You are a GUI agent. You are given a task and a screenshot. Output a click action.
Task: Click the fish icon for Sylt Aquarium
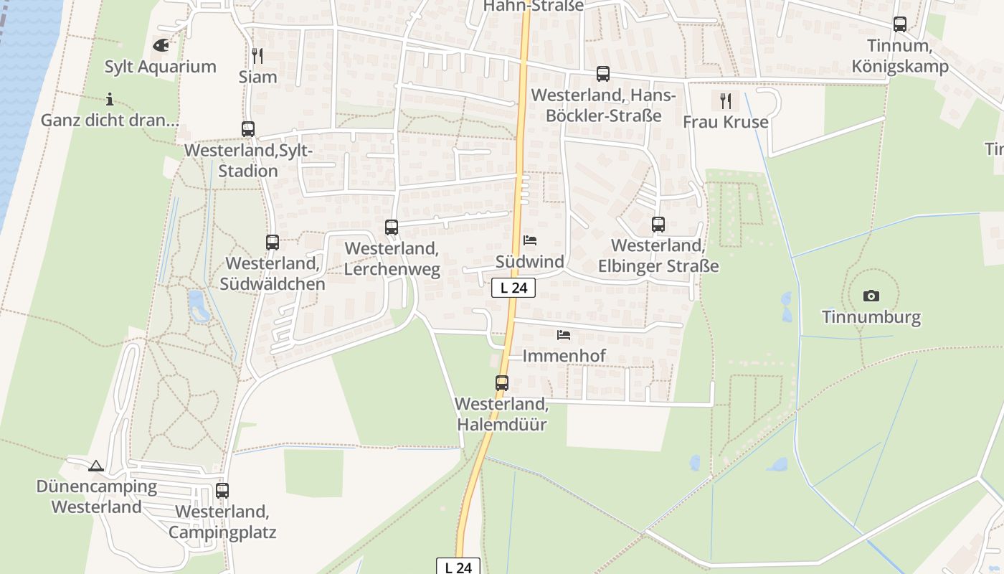click(161, 45)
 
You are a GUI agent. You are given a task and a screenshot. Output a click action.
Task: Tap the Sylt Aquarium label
click(161, 67)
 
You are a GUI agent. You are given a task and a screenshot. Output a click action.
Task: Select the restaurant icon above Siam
click(257, 55)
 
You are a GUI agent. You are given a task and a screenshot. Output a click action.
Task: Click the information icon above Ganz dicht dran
click(110, 99)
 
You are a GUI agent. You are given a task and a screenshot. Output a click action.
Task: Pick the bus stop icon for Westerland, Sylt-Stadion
click(248, 129)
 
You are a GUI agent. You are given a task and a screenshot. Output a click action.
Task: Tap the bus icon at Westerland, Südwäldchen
click(273, 243)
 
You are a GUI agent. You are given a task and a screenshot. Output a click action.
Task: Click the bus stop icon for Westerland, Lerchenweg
click(392, 227)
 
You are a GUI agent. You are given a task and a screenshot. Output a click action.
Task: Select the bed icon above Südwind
click(530, 240)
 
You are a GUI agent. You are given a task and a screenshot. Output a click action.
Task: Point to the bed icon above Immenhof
click(564, 334)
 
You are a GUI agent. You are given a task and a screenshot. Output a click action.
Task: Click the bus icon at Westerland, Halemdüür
click(502, 383)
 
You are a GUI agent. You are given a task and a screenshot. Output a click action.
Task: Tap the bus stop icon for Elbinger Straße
click(658, 225)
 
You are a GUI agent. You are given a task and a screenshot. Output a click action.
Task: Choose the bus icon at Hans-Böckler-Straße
click(603, 74)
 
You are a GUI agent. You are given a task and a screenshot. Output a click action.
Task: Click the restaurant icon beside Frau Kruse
click(726, 100)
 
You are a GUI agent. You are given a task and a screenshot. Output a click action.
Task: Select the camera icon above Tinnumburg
click(871, 296)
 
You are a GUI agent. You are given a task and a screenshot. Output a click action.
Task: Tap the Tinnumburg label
click(871, 317)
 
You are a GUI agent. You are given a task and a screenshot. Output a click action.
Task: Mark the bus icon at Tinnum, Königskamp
click(900, 24)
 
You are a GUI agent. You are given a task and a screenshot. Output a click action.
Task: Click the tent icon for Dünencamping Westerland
click(96, 466)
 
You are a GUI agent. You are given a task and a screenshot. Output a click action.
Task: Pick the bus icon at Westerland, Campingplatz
click(222, 491)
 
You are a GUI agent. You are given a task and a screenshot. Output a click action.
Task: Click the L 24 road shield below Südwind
click(513, 288)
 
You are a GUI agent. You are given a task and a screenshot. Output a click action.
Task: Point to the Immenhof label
click(564, 356)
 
